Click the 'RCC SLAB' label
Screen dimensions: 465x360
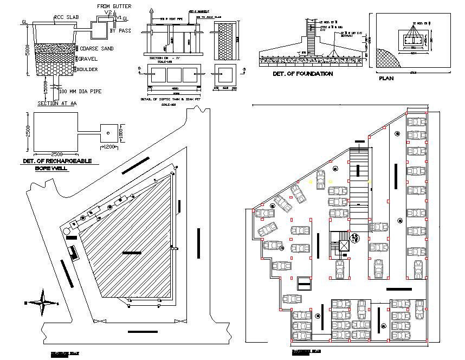pyautogui.click(x=66, y=17)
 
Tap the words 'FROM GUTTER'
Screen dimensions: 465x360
pyautogui.click(x=114, y=6)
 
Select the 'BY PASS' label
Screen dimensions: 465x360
pyautogui.click(x=120, y=31)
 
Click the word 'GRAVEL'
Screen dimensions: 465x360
pyautogui.click(x=88, y=59)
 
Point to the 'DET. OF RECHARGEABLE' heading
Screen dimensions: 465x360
pyautogui.click(x=57, y=161)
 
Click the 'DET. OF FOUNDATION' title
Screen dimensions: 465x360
pyautogui.click(x=302, y=74)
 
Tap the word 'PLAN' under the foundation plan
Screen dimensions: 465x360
pyautogui.click(x=386, y=78)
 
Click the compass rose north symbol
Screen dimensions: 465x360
pyautogui.click(x=41, y=302)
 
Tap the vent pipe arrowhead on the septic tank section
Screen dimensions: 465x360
pyautogui.click(x=153, y=10)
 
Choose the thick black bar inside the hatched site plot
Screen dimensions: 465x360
pyautogui.click(x=131, y=252)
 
